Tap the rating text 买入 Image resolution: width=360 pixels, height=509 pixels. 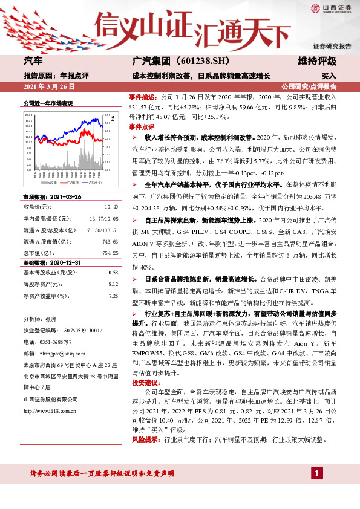coord(328,76)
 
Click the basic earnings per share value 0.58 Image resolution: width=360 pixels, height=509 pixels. coord(112,273)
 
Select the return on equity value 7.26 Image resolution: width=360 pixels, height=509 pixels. coord(112,296)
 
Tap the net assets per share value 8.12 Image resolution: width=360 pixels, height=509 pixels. coord(112,285)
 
